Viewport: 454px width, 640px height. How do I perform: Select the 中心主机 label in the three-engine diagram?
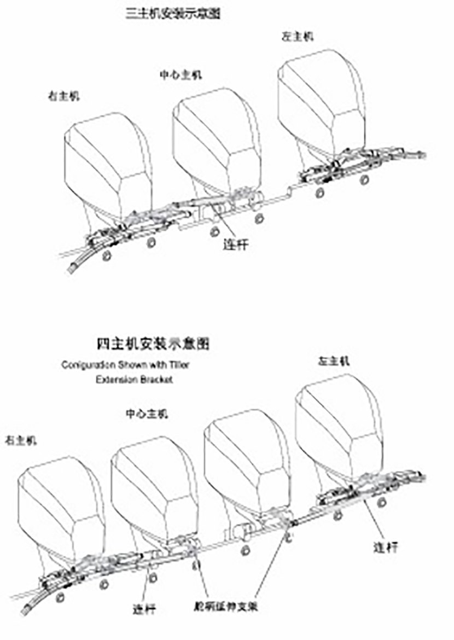point(180,74)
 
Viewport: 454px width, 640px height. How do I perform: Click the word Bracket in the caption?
point(156,379)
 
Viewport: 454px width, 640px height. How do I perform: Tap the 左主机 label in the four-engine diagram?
point(333,360)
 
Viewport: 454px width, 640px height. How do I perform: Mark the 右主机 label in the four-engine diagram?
point(20,440)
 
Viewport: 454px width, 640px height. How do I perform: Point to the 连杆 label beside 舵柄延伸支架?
point(144,608)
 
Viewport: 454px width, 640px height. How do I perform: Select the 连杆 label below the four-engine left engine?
point(385,546)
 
